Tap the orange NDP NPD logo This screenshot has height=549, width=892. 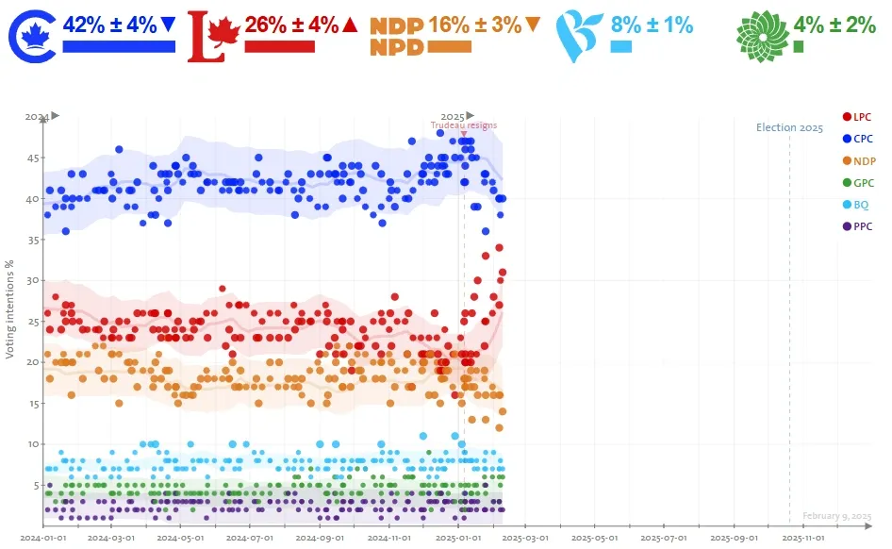pos(396,37)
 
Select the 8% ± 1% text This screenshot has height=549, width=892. pos(652,25)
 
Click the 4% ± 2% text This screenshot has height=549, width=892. pos(834,25)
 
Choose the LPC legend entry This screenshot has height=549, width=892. pos(857,117)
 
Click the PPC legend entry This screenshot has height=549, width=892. pos(857,226)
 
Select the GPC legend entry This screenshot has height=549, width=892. pos(857,182)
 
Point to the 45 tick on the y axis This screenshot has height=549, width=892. pos(32,158)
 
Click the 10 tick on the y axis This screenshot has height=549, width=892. pos(32,444)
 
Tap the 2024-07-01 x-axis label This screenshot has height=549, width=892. pos(247,538)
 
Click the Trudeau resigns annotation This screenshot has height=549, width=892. pos(463,125)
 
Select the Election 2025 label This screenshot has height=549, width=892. pos(789,127)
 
